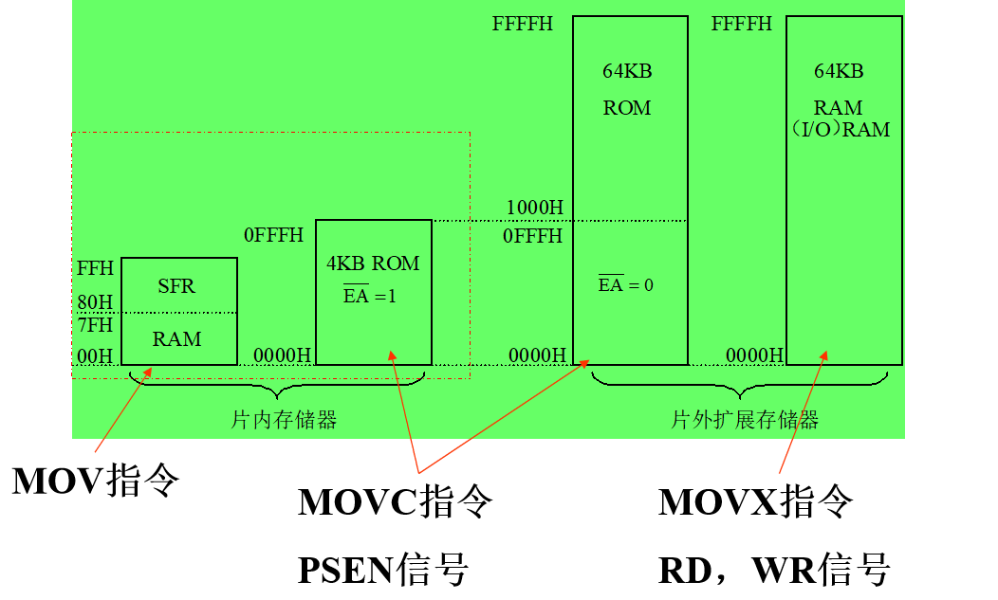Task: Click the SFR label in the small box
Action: click(176, 286)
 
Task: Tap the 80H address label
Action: click(95, 303)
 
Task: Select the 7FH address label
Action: click(95, 325)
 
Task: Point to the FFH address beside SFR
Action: click(95, 269)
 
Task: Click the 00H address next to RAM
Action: click(95, 356)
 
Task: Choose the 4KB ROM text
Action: click(373, 264)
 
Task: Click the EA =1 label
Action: click(370, 296)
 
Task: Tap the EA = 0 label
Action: click(625, 284)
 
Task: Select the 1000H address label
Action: click(534, 208)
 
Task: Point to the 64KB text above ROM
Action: click(627, 71)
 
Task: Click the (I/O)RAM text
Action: click(841, 130)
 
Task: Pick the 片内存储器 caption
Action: click(284, 420)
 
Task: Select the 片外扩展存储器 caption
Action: click(745, 420)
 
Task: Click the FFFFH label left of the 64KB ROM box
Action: click(522, 24)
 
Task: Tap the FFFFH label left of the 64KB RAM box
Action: click(742, 24)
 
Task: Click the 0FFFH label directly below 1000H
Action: click(533, 236)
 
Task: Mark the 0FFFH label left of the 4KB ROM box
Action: click(274, 235)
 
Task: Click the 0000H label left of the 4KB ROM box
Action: click(282, 355)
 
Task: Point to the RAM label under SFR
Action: click(177, 339)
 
